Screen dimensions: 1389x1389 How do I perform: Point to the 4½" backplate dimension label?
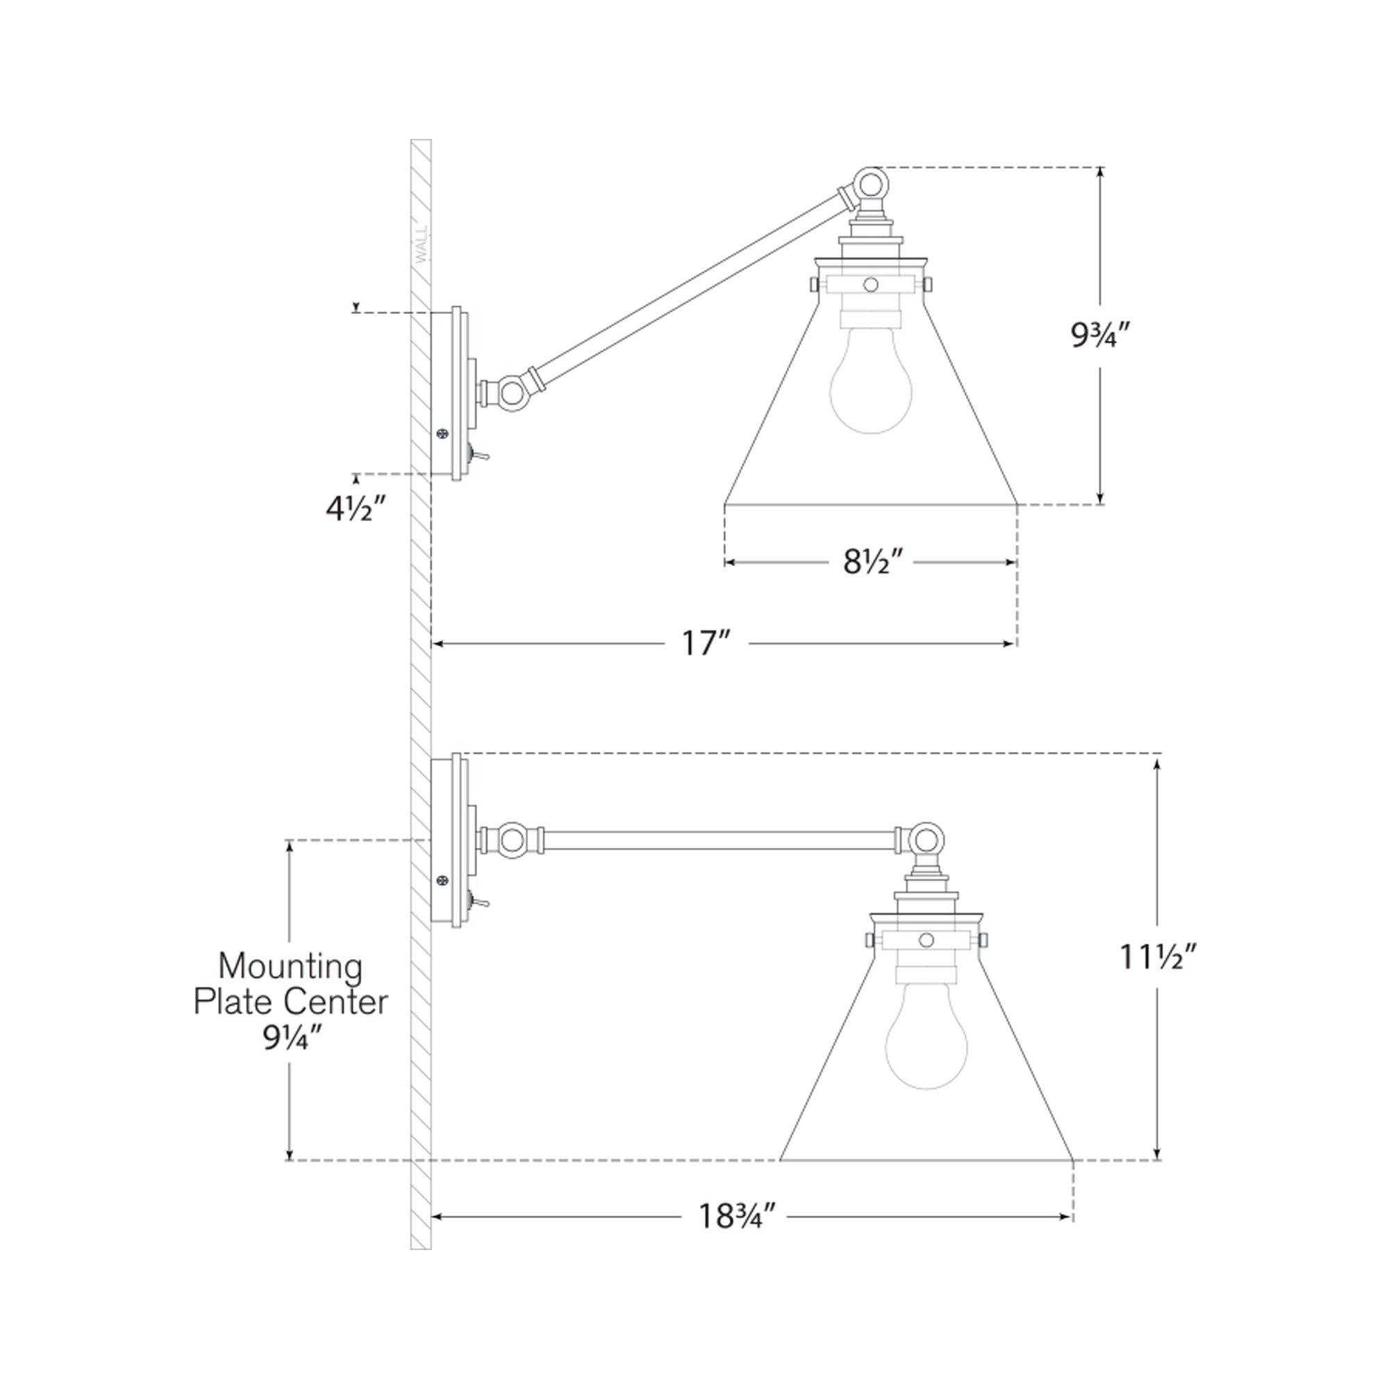[x=356, y=509]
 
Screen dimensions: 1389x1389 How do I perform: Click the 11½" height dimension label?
[x=1158, y=956]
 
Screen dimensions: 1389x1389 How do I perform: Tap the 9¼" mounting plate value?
[x=291, y=1038]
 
